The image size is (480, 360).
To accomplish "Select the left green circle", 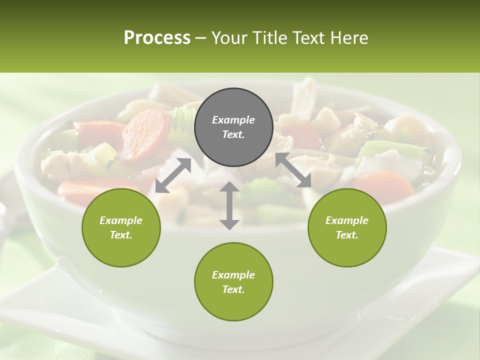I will [x=121, y=227].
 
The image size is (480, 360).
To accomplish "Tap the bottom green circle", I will [x=233, y=282].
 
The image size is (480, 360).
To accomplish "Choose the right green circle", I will [x=346, y=227].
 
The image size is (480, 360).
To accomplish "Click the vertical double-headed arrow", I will [x=229, y=205].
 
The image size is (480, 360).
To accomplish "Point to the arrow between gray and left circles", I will [x=173, y=175].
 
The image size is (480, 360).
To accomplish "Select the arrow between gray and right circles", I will [x=293, y=170].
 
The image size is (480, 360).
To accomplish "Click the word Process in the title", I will [x=157, y=37].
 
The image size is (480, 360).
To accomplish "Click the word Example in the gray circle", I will [x=233, y=120].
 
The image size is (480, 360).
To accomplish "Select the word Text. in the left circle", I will [x=121, y=235].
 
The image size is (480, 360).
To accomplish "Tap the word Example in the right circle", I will [x=346, y=220].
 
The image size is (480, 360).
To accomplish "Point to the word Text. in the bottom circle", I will [x=233, y=289].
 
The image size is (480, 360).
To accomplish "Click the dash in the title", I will [x=200, y=38].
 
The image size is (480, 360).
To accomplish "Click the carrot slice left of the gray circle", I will [x=145, y=133].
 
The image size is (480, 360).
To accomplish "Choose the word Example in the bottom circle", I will [x=233, y=275].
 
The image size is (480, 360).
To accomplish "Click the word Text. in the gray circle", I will [x=233, y=134].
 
